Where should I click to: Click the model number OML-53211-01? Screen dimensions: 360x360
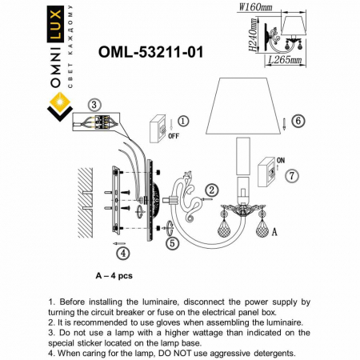(x=150, y=52)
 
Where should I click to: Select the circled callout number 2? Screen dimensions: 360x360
(x=212, y=190)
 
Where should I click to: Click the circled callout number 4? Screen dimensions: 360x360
(x=121, y=254)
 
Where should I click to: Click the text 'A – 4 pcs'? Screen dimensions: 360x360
(x=114, y=274)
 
